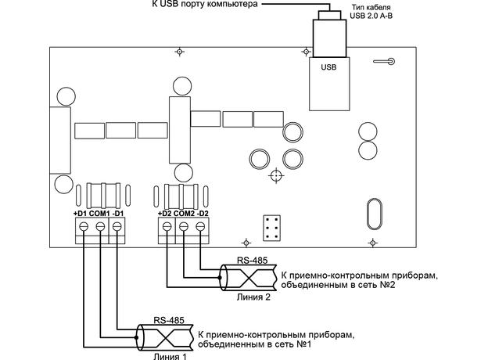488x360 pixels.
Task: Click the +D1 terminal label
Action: coord(81,214)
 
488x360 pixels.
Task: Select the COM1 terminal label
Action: coord(99,214)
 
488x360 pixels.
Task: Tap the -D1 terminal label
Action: coord(118,214)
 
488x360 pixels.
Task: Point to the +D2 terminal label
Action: coord(165,214)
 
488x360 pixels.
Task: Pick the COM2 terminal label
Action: coord(184,214)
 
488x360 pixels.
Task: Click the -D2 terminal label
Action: coord(203,214)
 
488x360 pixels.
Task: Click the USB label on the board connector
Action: coord(328,67)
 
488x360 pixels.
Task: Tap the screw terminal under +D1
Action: coord(84,226)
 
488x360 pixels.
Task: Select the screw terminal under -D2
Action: coord(200,226)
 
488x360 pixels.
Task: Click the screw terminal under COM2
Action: coord(184,226)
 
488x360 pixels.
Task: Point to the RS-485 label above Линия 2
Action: coord(253,261)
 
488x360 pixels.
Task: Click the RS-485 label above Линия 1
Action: coord(169,320)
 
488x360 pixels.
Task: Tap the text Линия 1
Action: coord(170,356)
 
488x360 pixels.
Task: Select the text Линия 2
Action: coord(253,297)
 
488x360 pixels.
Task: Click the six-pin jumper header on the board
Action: coord(271,228)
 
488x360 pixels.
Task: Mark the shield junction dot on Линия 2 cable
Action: coord(220,278)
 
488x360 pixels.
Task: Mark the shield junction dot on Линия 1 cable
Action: coord(136,337)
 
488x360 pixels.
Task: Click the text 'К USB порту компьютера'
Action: coord(205,4)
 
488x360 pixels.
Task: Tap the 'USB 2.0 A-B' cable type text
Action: coord(371,16)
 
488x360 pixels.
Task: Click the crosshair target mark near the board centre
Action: coord(276,176)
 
